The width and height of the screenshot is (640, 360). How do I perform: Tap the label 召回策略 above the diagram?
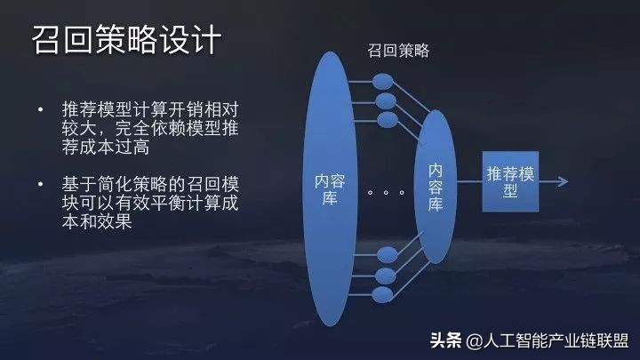[x=399, y=51]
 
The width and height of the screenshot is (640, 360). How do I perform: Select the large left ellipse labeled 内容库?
[x=327, y=186]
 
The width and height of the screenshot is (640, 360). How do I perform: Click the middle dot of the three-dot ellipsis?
[x=388, y=190]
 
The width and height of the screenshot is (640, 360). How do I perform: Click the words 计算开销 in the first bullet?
[x=164, y=110]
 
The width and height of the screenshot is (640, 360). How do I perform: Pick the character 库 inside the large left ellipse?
[x=327, y=198]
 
